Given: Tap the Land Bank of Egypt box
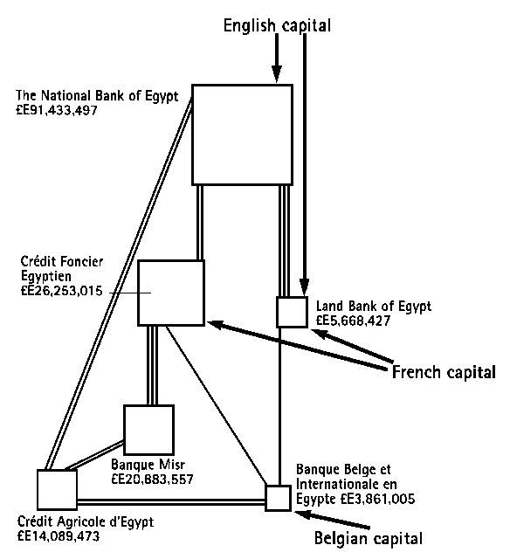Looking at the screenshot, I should (292, 312).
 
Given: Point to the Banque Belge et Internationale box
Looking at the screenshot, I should (278, 498).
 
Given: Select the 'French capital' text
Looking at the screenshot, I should (443, 373).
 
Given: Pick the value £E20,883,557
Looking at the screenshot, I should (152, 480).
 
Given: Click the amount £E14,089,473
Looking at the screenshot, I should (58, 536).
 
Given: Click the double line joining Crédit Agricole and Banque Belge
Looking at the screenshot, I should (171, 501).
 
